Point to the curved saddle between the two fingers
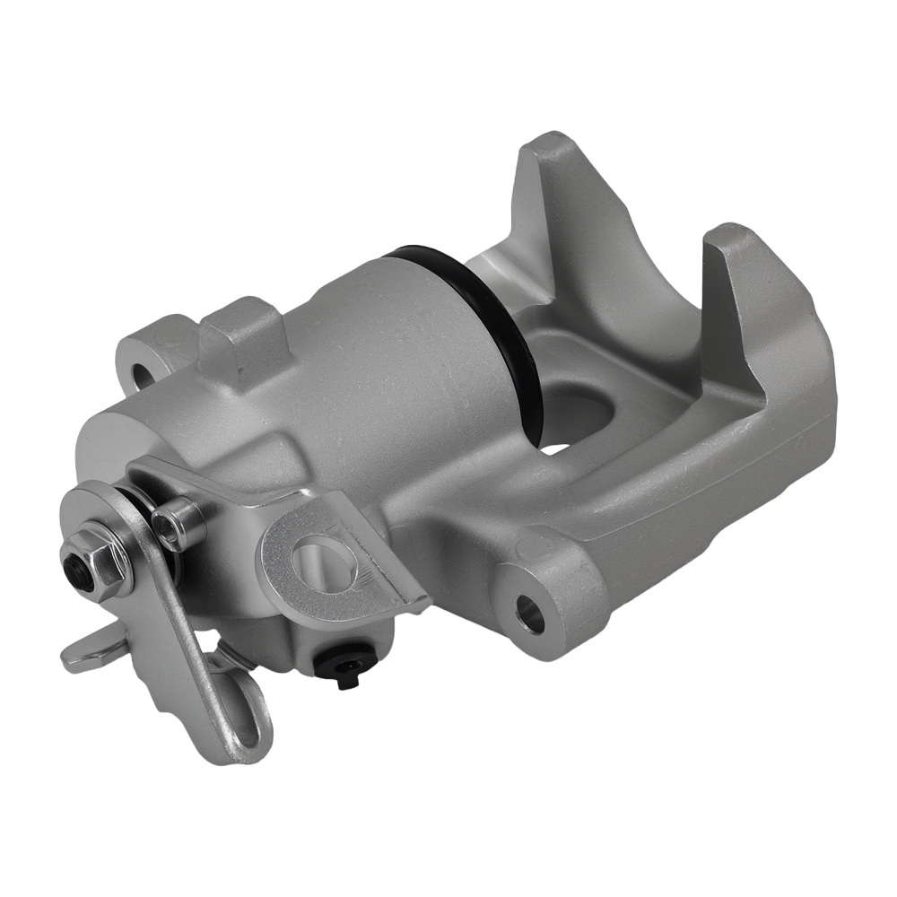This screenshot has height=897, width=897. (646, 296)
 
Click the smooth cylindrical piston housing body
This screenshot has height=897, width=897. (377, 359)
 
